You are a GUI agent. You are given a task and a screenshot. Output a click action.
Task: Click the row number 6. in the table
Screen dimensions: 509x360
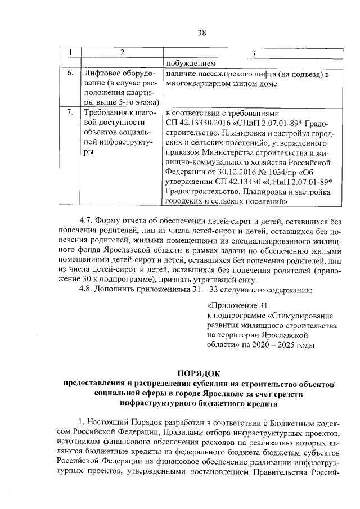(70, 74)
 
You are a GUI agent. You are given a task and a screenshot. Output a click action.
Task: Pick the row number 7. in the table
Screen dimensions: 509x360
(70, 112)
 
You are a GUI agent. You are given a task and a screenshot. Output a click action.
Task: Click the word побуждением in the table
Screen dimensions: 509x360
(191, 63)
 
